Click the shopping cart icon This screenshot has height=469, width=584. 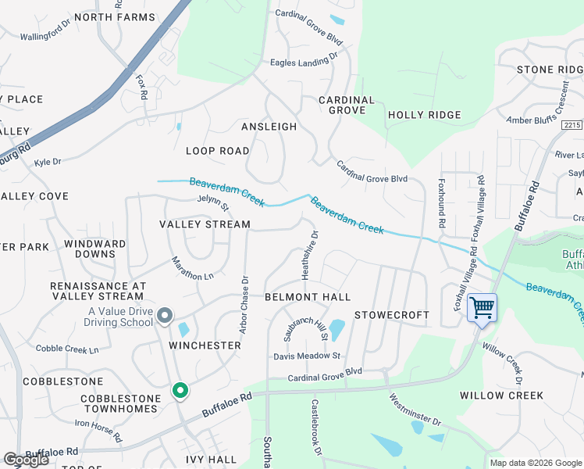point(482,307)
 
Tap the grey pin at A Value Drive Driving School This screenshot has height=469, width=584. point(165,316)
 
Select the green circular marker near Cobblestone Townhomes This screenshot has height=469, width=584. point(180,389)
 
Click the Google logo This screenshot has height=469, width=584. point(26,460)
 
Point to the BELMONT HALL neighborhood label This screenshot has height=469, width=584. point(307,297)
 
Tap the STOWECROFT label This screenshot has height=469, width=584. point(392,315)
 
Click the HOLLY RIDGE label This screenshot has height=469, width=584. point(425,115)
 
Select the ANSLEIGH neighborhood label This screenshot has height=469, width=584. point(269,127)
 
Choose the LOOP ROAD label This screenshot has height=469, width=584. point(218,151)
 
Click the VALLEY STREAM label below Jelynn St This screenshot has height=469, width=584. point(205,224)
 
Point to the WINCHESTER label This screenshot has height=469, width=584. point(205,345)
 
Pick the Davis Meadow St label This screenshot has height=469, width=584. point(307,356)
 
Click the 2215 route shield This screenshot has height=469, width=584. point(572,125)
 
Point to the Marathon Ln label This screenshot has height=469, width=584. point(192,269)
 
